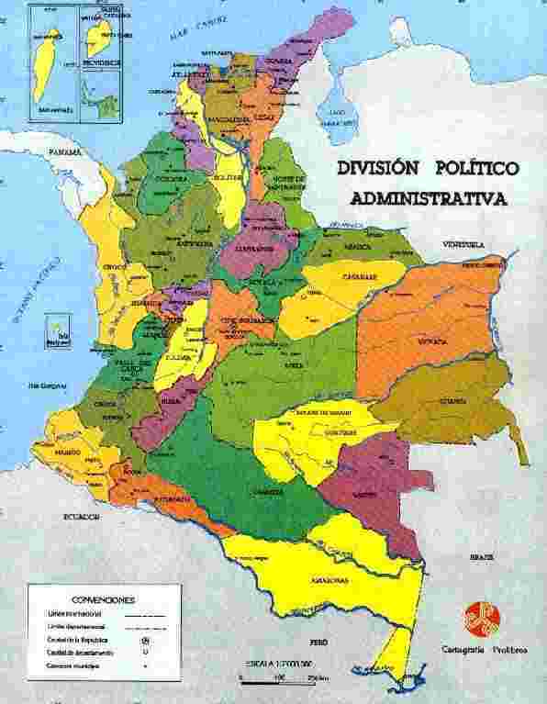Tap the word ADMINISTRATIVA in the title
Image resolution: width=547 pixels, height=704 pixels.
coord(428,197)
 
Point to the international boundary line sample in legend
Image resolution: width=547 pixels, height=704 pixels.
coord(146,611)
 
